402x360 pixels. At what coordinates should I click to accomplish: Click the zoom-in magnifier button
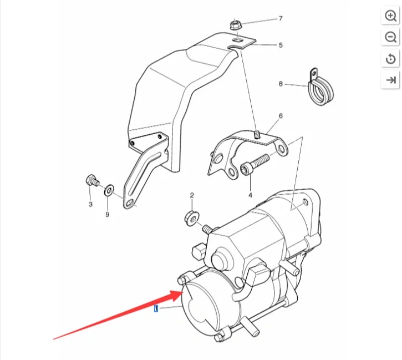point(390,16)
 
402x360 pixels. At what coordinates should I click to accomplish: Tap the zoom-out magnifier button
point(390,37)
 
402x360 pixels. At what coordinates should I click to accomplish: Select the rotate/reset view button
point(390,59)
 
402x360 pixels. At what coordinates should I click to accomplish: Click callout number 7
point(281,18)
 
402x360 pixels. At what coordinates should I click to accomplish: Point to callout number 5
point(281,45)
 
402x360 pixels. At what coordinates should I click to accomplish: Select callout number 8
point(281,84)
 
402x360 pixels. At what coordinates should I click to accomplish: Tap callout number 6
point(281,116)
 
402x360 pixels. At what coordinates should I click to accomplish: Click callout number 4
point(250,195)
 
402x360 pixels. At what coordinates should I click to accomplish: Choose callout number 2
point(192,195)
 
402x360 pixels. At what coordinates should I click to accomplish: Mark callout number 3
point(90,204)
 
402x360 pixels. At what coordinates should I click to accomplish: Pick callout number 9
point(107,214)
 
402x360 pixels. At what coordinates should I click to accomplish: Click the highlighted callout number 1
point(156,308)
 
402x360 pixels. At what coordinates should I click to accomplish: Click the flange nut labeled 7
point(235,25)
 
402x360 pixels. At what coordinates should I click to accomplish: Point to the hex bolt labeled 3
point(92,180)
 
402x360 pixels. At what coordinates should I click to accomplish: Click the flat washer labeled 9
point(109,190)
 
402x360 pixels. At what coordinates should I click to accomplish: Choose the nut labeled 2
point(191,219)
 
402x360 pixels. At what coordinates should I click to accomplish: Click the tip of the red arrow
point(182,292)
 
